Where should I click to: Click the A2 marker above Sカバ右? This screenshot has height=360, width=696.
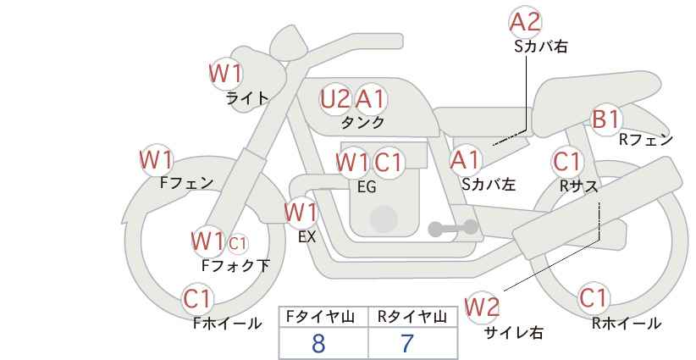[525, 22]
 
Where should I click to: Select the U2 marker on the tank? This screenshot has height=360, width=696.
[335, 99]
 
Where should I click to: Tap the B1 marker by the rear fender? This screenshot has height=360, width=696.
[606, 119]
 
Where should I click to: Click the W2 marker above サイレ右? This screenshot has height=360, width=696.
[482, 307]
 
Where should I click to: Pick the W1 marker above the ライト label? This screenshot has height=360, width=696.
[226, 73]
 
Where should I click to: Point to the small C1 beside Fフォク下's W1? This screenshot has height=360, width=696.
[237, 243]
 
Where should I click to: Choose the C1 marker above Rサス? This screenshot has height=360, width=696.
[567, 162]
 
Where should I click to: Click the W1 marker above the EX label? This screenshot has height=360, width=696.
[301, 212]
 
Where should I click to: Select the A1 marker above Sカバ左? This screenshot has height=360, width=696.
[465, 160]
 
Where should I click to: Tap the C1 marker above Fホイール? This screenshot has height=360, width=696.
[197, 298]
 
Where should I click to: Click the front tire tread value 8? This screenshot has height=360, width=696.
[318, 343]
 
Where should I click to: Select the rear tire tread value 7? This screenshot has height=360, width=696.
[407, 343]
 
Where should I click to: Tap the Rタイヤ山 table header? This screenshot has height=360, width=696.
[412, 317]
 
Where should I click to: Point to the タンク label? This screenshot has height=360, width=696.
[362, 122]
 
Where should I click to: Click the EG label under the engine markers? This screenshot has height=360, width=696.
[367, 187]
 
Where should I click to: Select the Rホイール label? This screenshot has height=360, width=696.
[627, 324]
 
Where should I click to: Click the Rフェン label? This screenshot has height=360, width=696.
[646, 140]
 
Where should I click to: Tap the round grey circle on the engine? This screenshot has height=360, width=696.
[384, 219]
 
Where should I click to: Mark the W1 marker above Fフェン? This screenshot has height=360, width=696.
[157, 160]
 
